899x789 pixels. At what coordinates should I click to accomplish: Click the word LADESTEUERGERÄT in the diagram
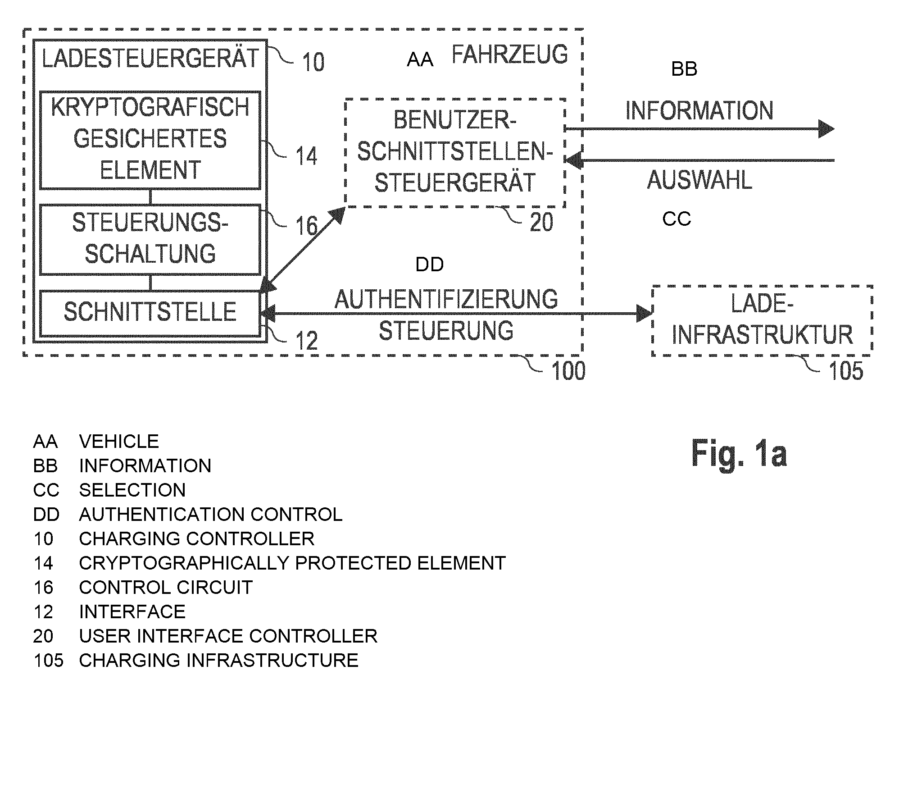pos(150,59)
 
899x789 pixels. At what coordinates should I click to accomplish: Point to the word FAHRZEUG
pos(510,55)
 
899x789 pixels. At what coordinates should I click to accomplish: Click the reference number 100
pos(568,371)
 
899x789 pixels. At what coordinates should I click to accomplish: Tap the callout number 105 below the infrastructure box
pos(846,371)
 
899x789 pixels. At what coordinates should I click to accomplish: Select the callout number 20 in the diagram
pos(541,222)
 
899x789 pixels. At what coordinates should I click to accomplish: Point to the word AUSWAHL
pos(699,180)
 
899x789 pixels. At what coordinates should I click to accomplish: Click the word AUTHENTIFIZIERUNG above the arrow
pos(446,299)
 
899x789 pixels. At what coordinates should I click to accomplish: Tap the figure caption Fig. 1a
pos(739,454)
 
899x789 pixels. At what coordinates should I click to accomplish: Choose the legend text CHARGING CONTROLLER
pos(196,538)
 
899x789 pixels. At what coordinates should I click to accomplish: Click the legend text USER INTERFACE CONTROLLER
pos(228,636)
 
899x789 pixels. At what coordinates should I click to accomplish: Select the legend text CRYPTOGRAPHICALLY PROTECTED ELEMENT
pos(292,563)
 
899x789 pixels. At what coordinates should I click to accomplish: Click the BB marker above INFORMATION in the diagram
pos(684,69)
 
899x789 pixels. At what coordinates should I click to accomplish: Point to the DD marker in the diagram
pos(429,265)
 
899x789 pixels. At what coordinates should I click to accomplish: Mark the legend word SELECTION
pos(132,490)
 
